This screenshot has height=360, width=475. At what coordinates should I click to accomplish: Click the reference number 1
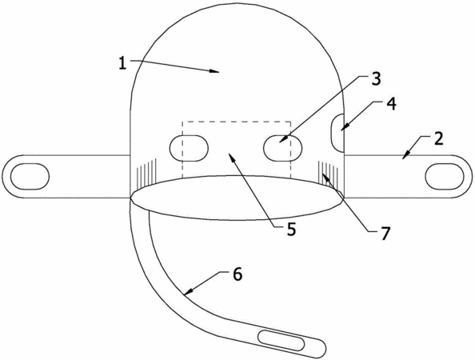click(122, 63)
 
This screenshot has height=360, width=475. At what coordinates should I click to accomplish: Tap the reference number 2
click(438, 138)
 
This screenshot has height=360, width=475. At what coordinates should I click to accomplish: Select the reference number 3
click(375, 78)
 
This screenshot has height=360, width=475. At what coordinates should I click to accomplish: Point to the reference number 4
click(391, 104)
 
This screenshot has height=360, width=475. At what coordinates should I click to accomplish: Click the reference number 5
click(291, 230)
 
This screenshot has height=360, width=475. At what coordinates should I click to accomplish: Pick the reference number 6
click(237, 274)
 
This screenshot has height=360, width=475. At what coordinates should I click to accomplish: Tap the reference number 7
click(384, 234)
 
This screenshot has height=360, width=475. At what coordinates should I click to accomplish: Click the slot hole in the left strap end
click(30, 177)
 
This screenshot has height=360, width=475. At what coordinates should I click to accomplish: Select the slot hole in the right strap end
click(445, 177)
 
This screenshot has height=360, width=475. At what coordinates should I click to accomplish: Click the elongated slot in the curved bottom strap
click(281, 342)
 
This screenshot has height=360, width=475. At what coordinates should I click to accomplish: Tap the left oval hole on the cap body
click(189, 148)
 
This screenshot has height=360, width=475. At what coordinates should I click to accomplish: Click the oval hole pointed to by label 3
click(283, 148)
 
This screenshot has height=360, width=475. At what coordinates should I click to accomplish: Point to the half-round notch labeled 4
click(337, 133)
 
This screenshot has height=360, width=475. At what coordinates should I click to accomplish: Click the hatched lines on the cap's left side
click(146, 172)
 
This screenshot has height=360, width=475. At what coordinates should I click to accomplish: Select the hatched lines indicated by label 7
click(328, 173)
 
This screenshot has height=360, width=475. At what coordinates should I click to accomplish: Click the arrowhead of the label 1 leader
click(215, 71)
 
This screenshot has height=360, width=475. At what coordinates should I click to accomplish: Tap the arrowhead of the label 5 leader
click(231, 156)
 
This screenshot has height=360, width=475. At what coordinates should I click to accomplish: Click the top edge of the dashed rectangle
click(236, 122)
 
